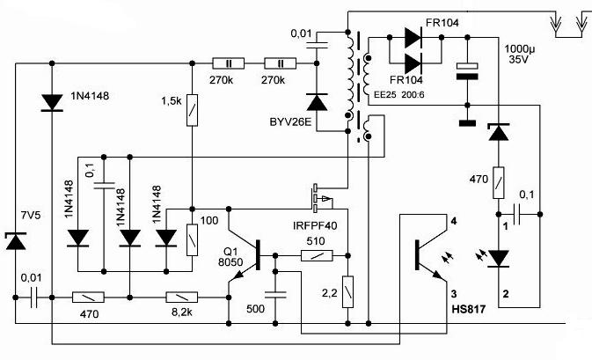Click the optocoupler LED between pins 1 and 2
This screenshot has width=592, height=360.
(x=500, y=258)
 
